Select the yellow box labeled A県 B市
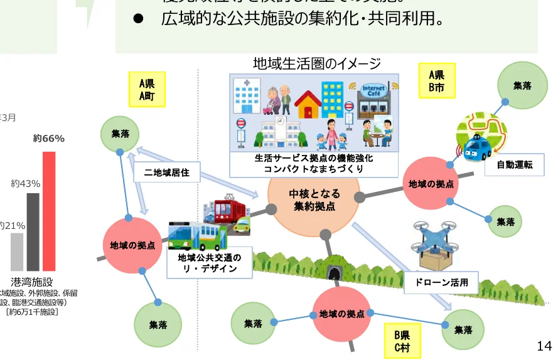point(437,81)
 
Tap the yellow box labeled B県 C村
point(402,340)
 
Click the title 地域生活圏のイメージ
point(317,63)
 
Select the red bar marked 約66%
point(49,211)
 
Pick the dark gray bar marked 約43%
point(33,231)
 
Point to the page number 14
point(544,346)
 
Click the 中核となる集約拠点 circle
point(314,199)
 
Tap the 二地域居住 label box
point(166,172)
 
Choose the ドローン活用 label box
point(441,282)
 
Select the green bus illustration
point(196,236)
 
